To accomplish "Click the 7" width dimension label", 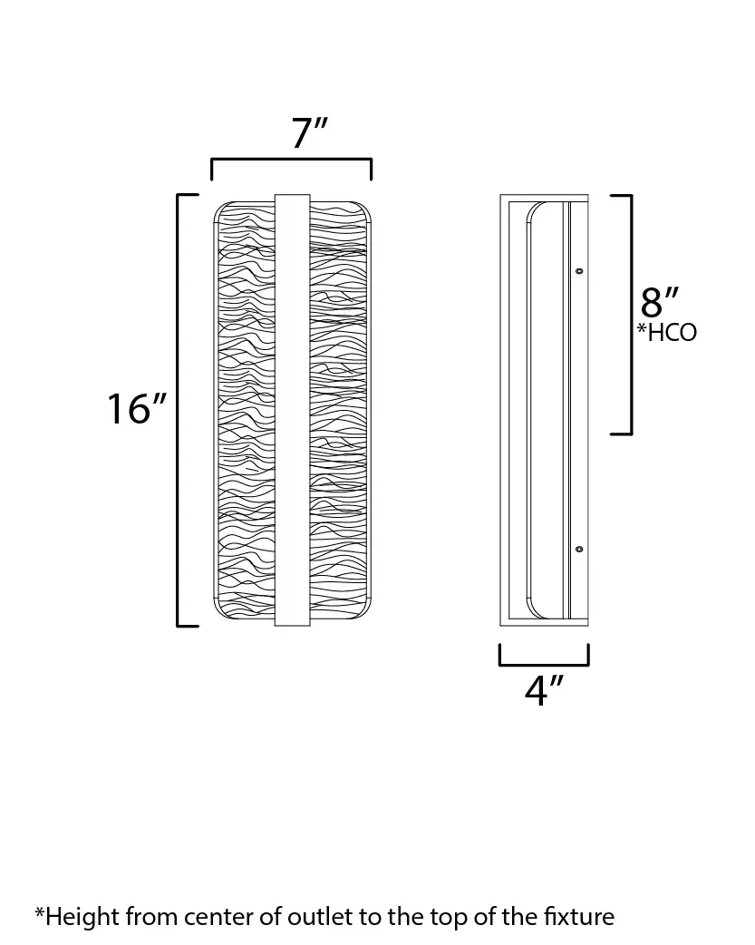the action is pyautogui.click(x=309, y=132).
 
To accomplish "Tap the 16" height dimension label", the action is pyautogui.click(x=136, y=409).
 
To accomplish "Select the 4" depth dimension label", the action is pyautogui.click(x=544, y=690).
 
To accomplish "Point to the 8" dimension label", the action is pyautogui.click(x=660, y=302).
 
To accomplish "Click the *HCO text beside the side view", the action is pyautogui.click(x=667, y=332).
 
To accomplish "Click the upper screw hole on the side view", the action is pyautogui.click(x=580, y=271).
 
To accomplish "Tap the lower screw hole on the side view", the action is pyautogui.click(x=580, y=549).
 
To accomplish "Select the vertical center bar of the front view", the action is pyautogui.click(x=292, y=410).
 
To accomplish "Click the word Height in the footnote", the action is pyautogui.click(x=82, y=917).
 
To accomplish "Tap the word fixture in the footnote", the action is pyautogui.click(x=579, y=917).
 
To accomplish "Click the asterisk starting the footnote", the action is pyautogui.click(x=40, y=911).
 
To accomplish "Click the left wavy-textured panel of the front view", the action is pyautogui.click(x=245, y=410).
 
